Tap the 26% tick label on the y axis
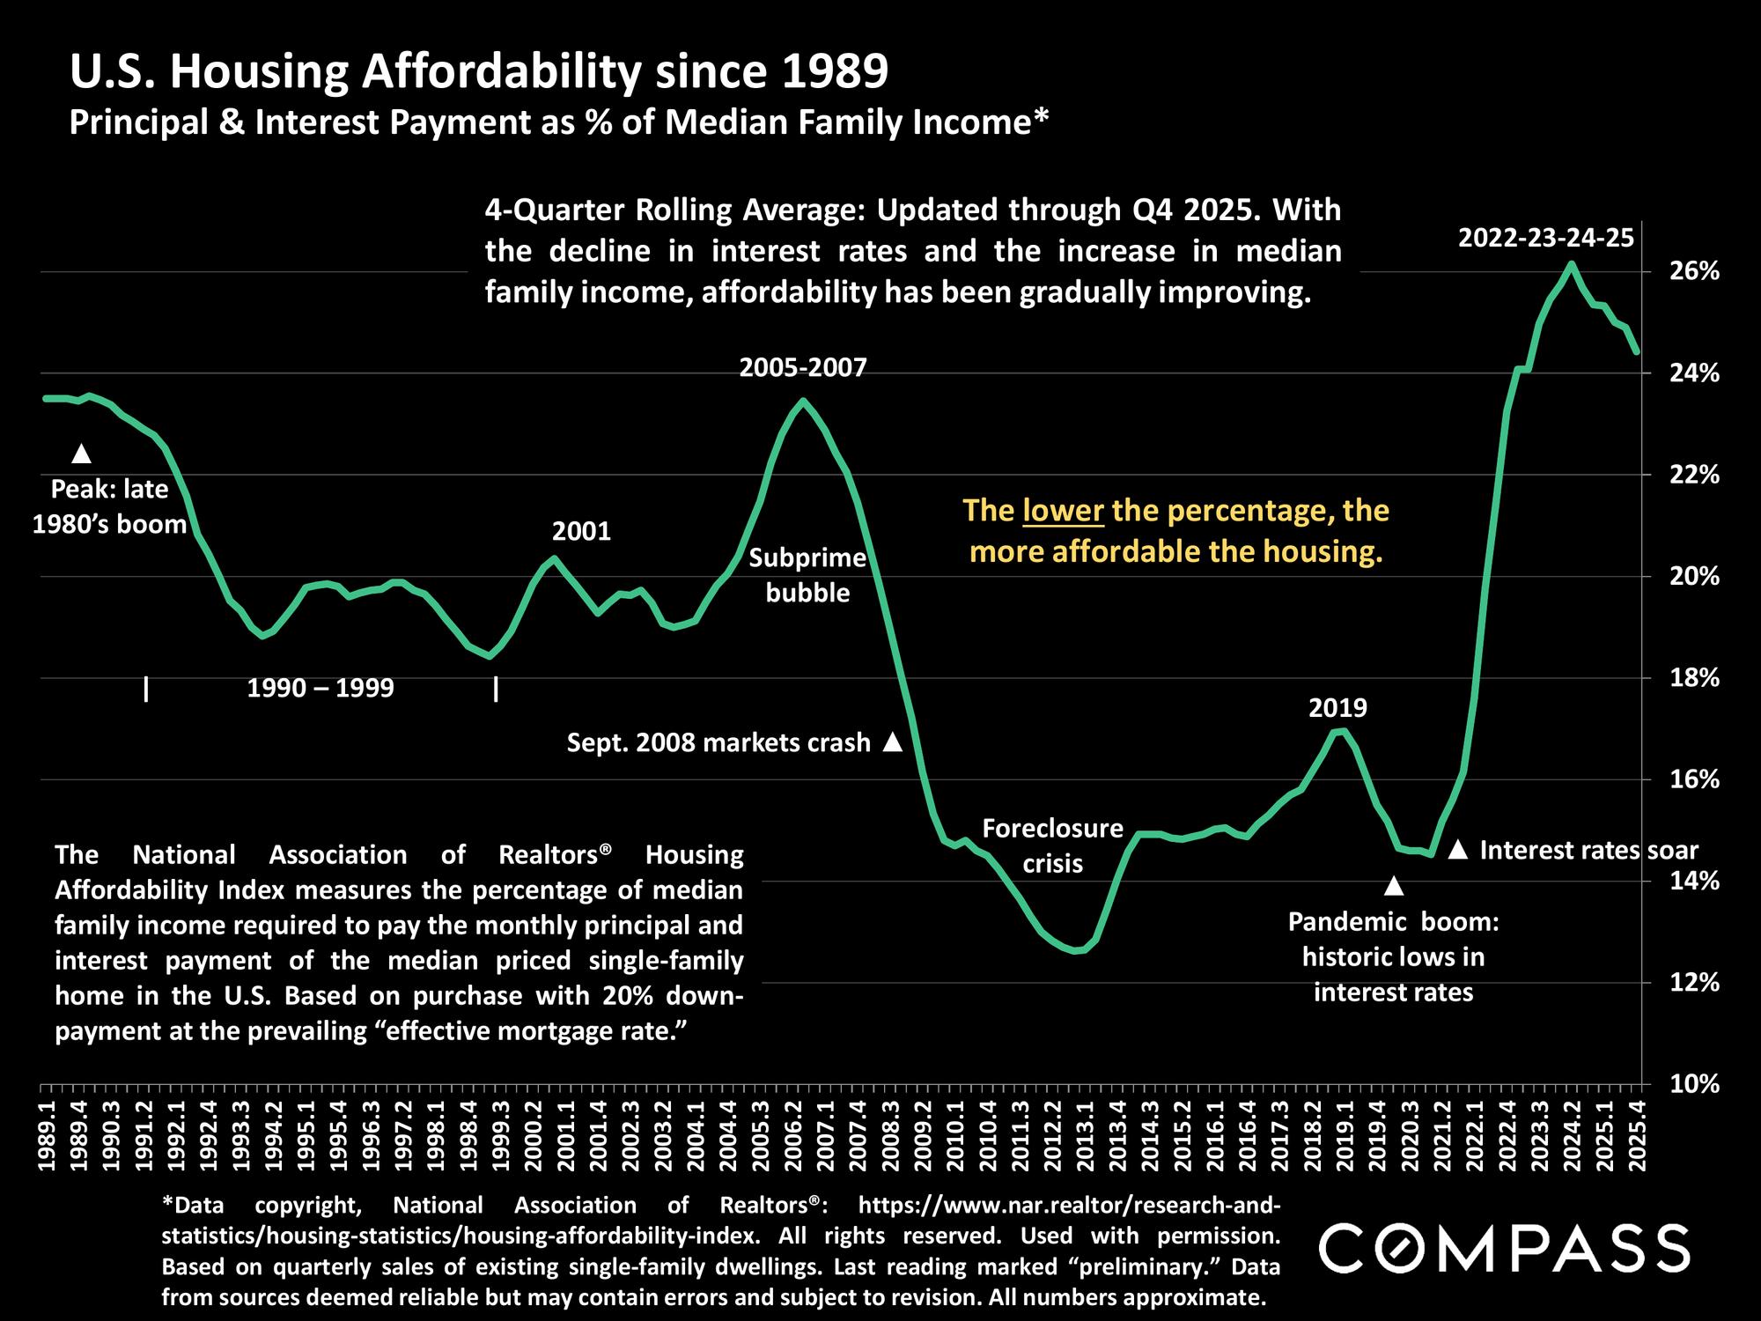pyautogui.click(x=1694, y=271)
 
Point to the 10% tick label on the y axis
pyautogui.click(x=1694, y=1084)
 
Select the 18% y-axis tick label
pyautogui.click(x=1694, y=678)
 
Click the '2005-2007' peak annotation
pyautogui.click(x=803, y=367)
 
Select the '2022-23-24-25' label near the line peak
pyautogui.click(x=1545, y=238)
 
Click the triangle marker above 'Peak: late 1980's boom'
pyautogui.click(x=81, y=454)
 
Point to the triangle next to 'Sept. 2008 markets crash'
pyautogui.click(x=892, y=742)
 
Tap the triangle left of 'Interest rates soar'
pyautogui.click(x=1457, y=850)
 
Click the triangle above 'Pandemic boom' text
pyautogui.click(x=1393, y=885)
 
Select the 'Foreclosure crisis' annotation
pyautogui.click(x=1052, y=845)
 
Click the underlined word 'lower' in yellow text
pyautogui.click(x=1063, y=511)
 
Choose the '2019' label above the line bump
pyautogui.click(x=1337, y=708)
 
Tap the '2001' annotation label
pyautogui.click(x=581, y=531)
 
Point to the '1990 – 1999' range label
pyautogui.click(x=321, y=688)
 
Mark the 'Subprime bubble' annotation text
pyautogui.click(x=807, y=575)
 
